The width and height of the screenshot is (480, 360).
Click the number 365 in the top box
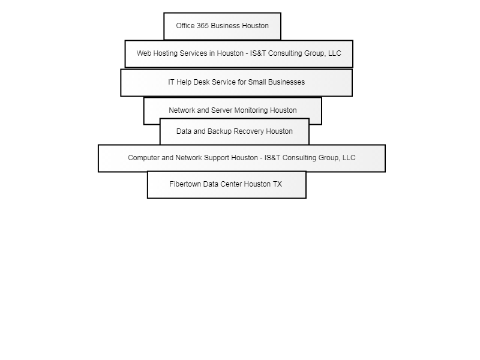[x=202, y=26]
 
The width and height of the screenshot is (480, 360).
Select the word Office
[x=185, y=26]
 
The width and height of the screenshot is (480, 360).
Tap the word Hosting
[x=166, y=53]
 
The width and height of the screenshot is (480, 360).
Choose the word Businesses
[x=287, y=82]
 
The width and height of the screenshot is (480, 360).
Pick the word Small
[x=257, y=82]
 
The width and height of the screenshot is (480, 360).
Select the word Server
[x=221, y=110]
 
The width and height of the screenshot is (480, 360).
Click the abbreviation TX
[x=277, y=184]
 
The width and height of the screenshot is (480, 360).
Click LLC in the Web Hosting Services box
[x=335, y=53]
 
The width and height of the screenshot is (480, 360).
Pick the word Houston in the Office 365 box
[x=256, y=26]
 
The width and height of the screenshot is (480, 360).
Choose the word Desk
[x=202, y=82]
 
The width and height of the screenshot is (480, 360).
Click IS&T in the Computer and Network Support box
[x=272, y=158]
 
